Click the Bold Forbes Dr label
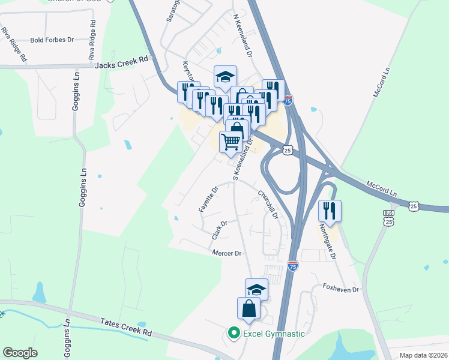(x=52, y=40)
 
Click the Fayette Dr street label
(x=207, y=199)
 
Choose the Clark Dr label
(x=219, y=230)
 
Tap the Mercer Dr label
(x=226, y=253)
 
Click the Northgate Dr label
(x=328, y=241)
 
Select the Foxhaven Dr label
(x=340, y=289)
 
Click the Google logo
(x=20, y=353)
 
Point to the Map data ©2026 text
(x=423, y=355)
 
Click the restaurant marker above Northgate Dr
(x=330, y=210)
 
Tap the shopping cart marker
(x=231, y=142)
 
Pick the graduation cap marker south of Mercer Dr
(x=256, y=289)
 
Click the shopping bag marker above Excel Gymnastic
(x=249, y=309)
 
